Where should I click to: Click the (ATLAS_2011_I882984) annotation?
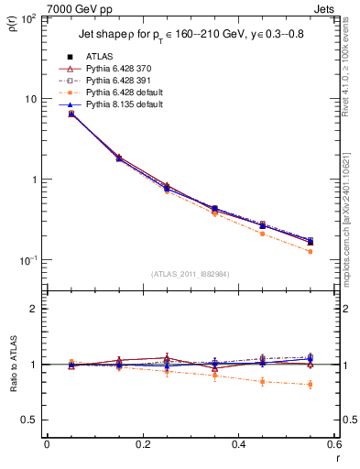[190, 273]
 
